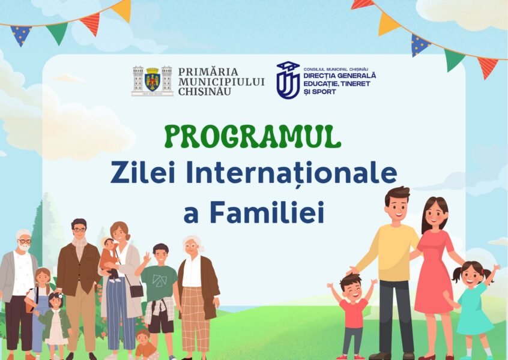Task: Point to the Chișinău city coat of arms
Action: coord(152,80)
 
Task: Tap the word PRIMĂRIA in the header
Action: coord(208,71)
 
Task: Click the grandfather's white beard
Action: coord(23,247)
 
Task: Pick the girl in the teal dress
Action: coord(473,306)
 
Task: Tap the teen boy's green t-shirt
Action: coord(159,281)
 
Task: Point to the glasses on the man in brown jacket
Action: coord(79,230)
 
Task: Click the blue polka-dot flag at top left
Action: coord(21,34)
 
